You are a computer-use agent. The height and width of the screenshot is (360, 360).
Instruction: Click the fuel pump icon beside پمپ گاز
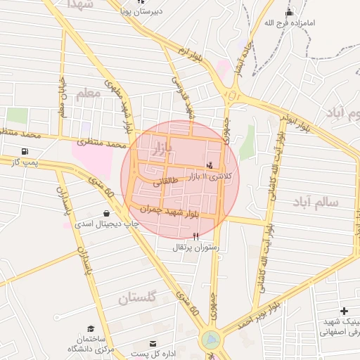[26, 151]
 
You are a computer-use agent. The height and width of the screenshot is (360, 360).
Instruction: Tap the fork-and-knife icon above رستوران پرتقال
[195, 236]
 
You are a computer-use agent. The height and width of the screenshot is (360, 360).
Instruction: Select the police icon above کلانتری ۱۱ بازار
[209, 166]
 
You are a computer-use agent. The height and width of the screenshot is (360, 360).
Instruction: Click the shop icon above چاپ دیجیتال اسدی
[105, 213]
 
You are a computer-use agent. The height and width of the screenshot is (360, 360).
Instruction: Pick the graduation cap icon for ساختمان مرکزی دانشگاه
[91, 328]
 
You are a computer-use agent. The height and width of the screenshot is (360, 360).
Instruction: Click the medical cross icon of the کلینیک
[344, 311]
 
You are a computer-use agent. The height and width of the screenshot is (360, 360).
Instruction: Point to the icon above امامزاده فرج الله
[289, 13]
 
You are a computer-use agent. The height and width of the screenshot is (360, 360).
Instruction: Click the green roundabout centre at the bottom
[210, 340]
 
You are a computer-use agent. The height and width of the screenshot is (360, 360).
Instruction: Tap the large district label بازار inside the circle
[161, 147]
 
